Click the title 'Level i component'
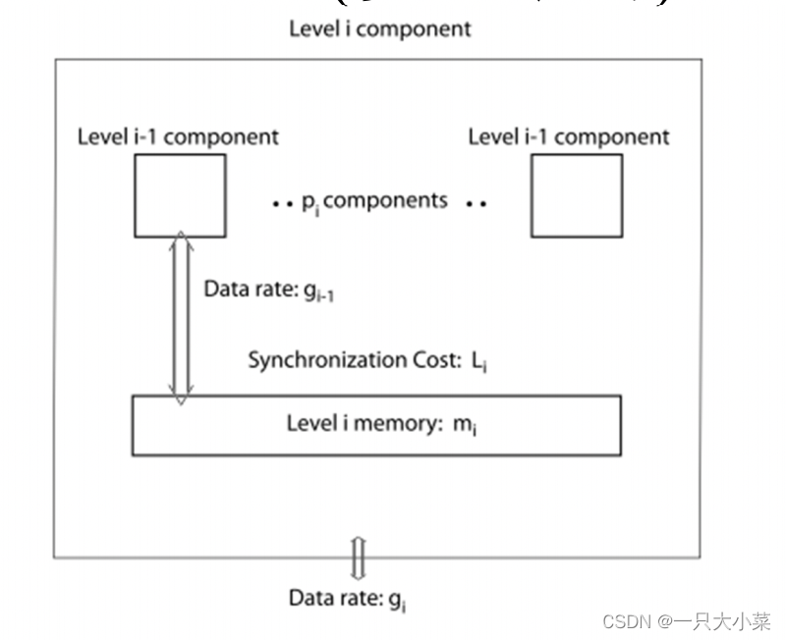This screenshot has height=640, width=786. point(379,28)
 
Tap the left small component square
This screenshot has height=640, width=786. point(179,195)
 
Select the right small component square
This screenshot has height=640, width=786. point(576,195)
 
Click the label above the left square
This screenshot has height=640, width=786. point(178,136)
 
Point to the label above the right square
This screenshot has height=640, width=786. point(569,136)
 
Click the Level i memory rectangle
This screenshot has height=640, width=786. point(376,425)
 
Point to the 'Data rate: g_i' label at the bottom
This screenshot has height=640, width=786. point(348,598)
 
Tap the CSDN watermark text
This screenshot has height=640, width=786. point(686,621)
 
